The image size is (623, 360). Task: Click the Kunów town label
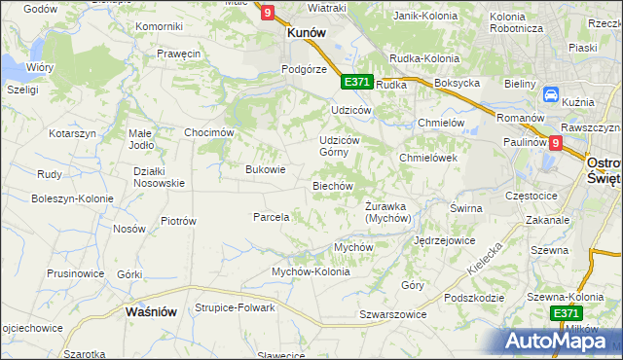pyautogui.click(x=306, y=31)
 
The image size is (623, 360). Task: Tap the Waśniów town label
pyautogui.click(x=151, y=311)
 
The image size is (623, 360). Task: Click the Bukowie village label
pyautogui.click(x=266, y=169)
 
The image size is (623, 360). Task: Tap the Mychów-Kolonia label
pyautogui.click(x=311, y=272)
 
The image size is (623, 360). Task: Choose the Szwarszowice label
pyautogui.click(x=393, y=315)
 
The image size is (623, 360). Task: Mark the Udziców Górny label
pyautogui.click(x=341, y=146)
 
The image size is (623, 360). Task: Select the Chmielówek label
pyautogui.click(x=428, y=158)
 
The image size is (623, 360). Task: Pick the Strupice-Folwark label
pyautogui.click(x=234, y=308)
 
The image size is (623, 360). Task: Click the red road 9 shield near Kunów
pyautogui.click(x=268, y=12)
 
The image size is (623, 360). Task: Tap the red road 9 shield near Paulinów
pyautogui.click(x=555, y=142)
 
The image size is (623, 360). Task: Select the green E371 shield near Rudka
pyautogui.click(x=356, y=82)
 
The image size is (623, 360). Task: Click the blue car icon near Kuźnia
pyautogui.click(x=551, y=96)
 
